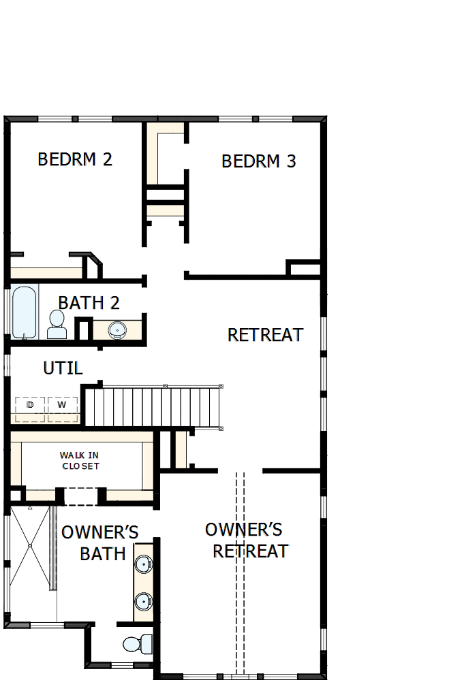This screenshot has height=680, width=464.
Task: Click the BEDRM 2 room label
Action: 75,159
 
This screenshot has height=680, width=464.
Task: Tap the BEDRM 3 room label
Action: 259,161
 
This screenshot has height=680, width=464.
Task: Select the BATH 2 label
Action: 89,302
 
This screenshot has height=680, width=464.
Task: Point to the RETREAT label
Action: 265,335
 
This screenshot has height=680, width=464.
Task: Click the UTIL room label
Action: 63,368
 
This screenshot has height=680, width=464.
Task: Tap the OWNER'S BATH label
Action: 101,543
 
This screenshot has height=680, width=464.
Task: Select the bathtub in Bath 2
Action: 24,312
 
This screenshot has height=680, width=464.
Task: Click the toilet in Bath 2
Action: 57,325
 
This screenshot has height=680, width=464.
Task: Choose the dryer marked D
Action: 30,406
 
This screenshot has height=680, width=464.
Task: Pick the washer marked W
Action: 62,406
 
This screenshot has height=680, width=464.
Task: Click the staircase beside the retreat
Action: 153,406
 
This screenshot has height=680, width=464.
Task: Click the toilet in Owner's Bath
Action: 137,643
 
